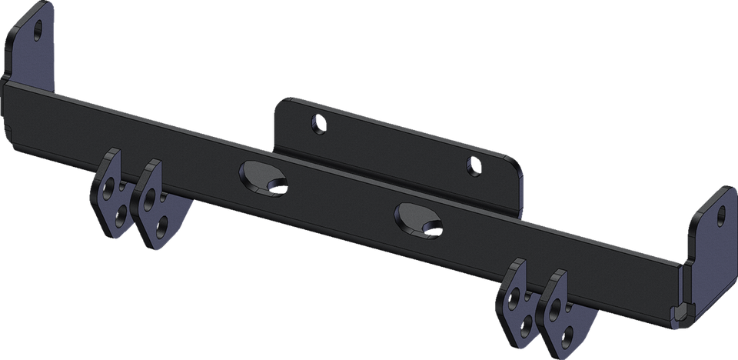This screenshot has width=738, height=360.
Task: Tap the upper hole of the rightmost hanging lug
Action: pyautogui.click(x=554, y=307)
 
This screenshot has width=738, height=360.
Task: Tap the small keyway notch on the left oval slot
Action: pyautogui.click(x=281, y=185)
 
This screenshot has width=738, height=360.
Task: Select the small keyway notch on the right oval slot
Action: pyautogui.click(x=435, y=226)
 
